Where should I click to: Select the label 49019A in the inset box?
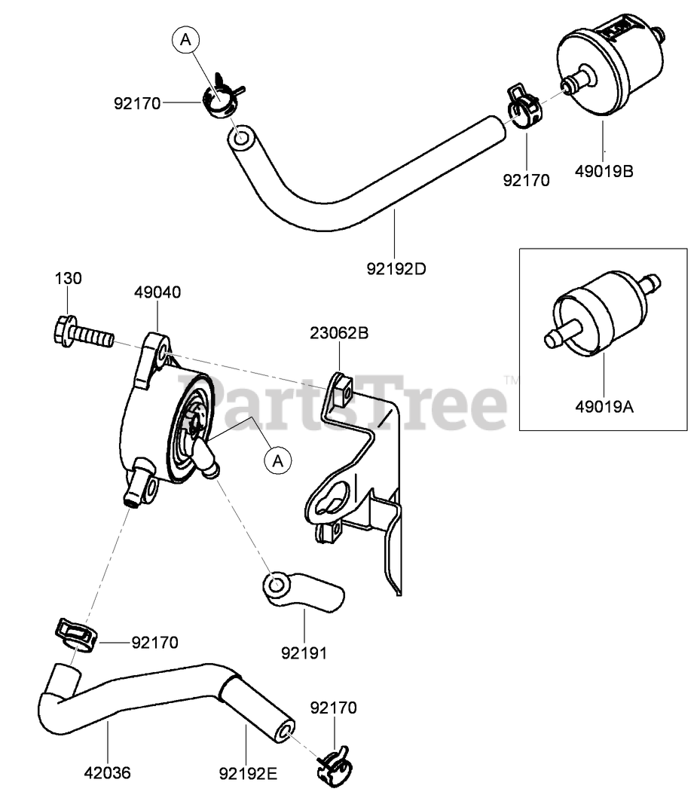coord(604,407)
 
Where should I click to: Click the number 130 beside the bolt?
coord(68,278)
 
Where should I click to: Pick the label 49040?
coord(157,292)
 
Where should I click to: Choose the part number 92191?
coord(304,653)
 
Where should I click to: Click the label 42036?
coord(108,772)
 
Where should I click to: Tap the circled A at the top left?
coord(185,40)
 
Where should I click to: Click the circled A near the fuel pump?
coord(277,459)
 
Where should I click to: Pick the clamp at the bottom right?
coord(332,762)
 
